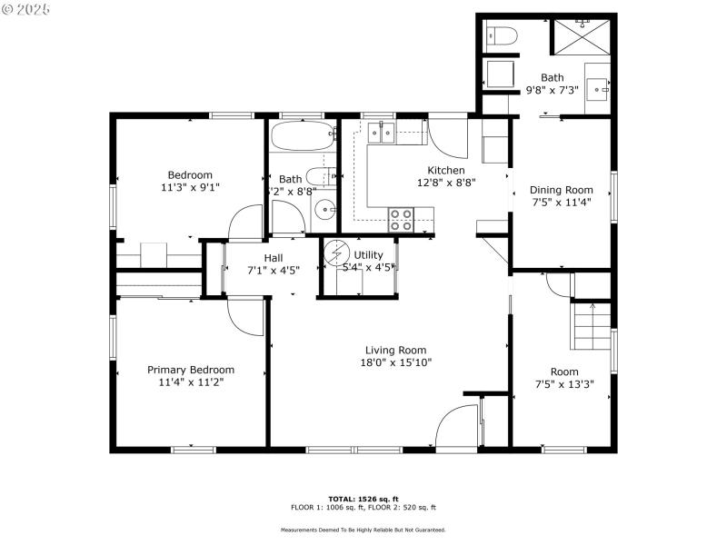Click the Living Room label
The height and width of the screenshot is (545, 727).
click(x=395, y=350)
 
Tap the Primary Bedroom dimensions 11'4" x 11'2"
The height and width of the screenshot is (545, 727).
click(x=191, y=382)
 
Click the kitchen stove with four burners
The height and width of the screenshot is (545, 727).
click(x=401, y=218)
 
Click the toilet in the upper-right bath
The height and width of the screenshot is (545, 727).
click(x=501, y=36)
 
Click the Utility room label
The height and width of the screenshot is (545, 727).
click(x=368, y=255)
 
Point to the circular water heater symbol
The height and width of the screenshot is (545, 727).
click(x=337, y=251)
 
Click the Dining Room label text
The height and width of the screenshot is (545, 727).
click(x=561, y=190)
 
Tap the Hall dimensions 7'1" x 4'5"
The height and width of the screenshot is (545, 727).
click(x=273, y=270)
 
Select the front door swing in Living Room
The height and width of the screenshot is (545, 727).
click(x=457, y=426)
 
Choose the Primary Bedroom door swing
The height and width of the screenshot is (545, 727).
click(x=244, y=317)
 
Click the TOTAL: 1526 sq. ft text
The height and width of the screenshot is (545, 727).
click(x=363, y=499)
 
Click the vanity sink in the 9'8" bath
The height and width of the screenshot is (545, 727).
click(x=598, y=88)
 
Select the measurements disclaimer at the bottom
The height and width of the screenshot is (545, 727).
click(x=363, y=530)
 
